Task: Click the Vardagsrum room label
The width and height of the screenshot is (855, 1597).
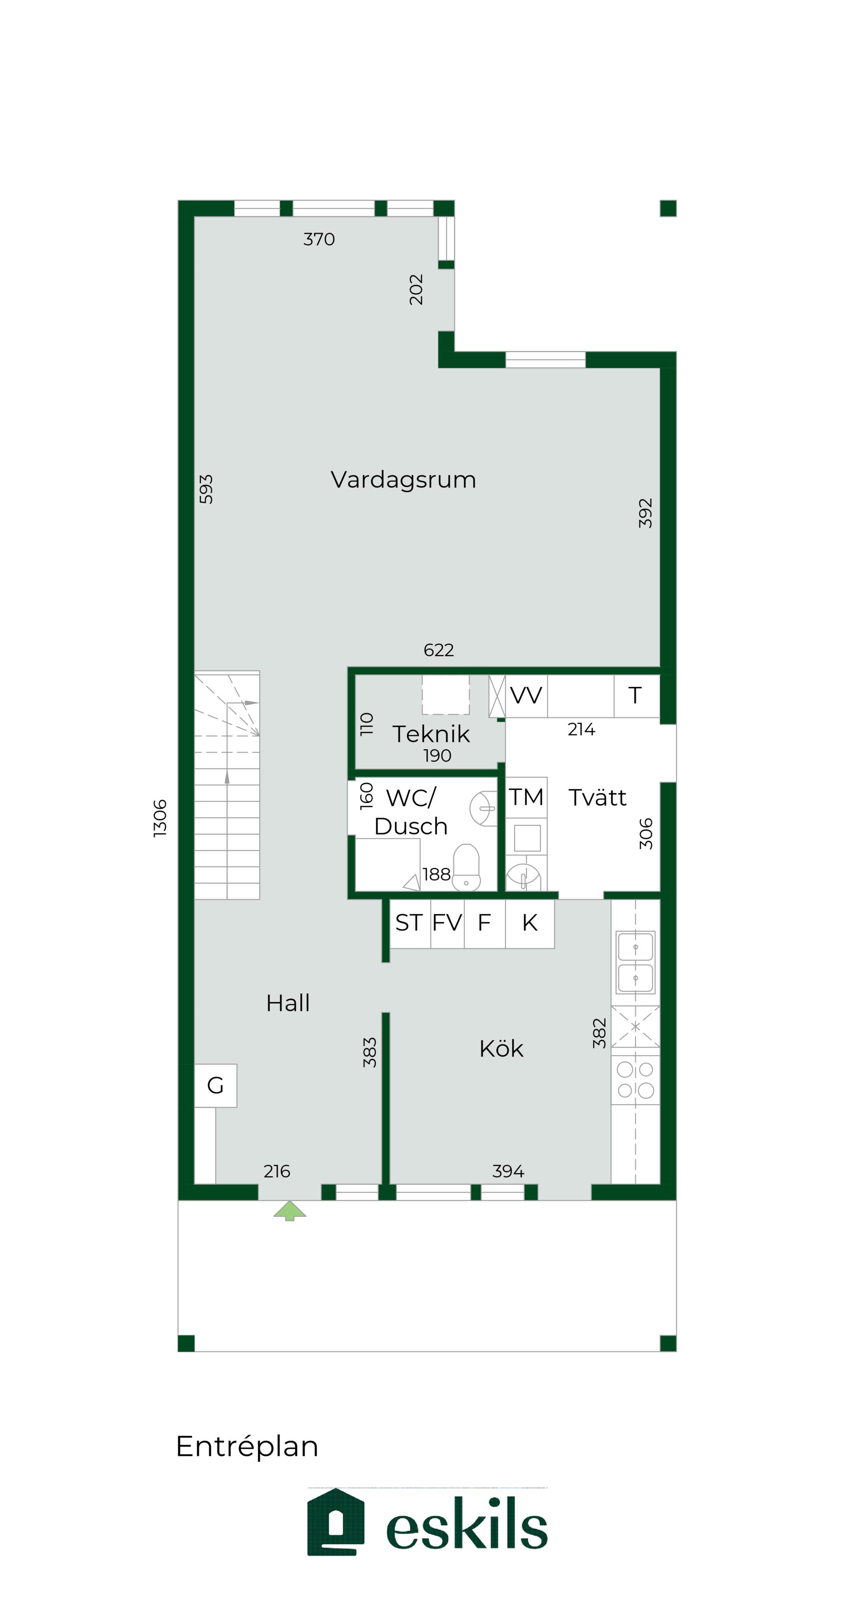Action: coord(403,480)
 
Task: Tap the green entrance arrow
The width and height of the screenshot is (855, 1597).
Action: coord(290,1210)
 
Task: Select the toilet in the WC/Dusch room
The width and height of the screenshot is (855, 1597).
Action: coord(466,867)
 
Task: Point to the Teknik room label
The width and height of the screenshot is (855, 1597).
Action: coord(431,734)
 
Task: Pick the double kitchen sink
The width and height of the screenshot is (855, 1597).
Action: coord(635,963)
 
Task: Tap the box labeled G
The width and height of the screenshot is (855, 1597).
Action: coord(215,1085)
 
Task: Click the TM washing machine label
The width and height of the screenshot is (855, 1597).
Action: coord(526,797)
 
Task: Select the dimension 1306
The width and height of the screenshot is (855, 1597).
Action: coord(160,819)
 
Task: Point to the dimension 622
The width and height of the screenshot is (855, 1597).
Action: coord(439,650)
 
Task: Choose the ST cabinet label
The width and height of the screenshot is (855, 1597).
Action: coord(409,923)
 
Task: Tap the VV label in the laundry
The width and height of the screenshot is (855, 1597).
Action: coord(526,696)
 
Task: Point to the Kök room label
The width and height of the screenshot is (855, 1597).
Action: coord(501,1049)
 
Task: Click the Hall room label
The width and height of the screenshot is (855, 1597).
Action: coord(288,1003)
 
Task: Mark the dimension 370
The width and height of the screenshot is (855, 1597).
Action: coord(319,239)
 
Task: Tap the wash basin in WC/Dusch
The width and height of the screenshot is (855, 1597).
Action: coord(483,808)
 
